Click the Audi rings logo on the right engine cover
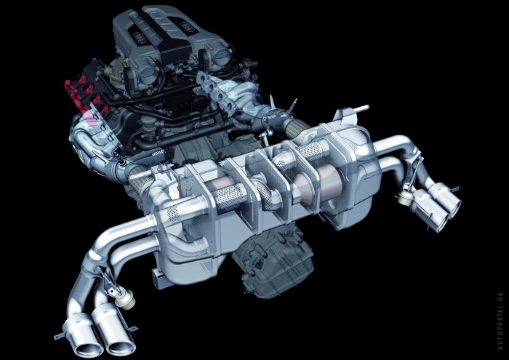(187, 27)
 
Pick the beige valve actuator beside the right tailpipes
(406, 197)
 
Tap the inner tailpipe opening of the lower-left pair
(121, 348)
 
